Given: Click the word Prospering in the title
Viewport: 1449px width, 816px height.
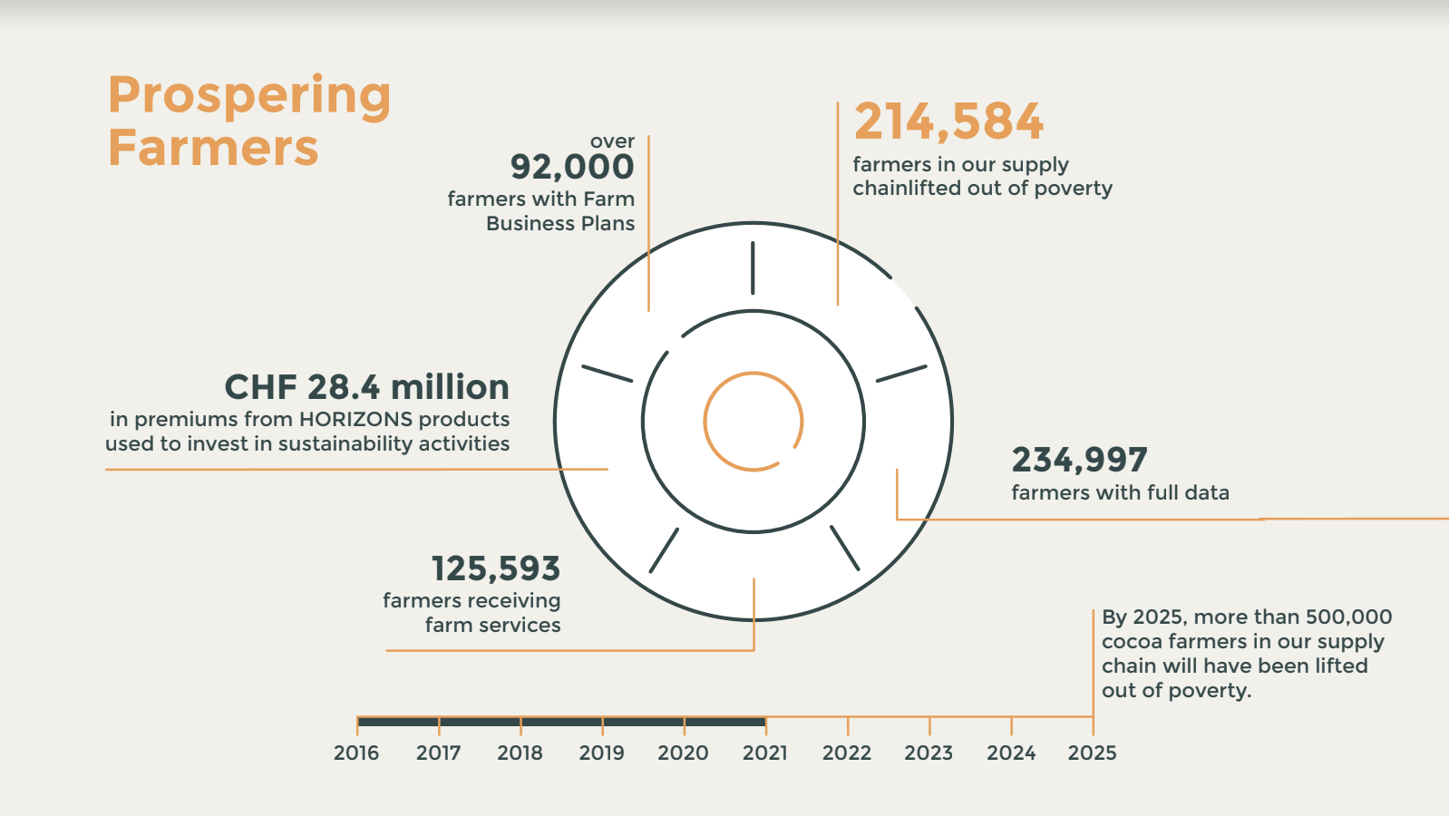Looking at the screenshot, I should (249, 96).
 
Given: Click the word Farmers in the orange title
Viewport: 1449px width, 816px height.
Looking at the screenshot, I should (213, 148).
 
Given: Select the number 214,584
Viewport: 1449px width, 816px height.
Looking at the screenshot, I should (948, 121).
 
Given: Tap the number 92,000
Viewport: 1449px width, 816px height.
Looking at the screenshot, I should (572, 167).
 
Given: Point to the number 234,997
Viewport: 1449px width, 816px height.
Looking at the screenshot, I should (1079, 460).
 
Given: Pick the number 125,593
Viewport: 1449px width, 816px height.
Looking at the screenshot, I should (496, 568).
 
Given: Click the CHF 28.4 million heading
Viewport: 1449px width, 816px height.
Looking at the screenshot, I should (366, 387).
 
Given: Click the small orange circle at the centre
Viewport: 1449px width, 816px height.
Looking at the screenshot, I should (754, 422).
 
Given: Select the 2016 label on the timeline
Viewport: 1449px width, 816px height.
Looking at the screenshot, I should (356, 753).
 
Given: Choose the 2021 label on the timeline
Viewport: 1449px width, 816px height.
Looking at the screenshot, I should (765, 753).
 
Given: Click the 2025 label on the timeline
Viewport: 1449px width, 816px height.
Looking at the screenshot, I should (1092, 753).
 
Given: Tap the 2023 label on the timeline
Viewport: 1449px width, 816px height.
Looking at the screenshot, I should (929, 753).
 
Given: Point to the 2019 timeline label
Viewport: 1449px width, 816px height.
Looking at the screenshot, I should (601, 753).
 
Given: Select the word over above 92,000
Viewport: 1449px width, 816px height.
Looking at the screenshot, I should (612, 141).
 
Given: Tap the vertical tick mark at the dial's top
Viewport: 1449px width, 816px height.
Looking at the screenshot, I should (753, 267).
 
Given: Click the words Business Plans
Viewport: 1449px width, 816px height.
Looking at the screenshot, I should (560, 223).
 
